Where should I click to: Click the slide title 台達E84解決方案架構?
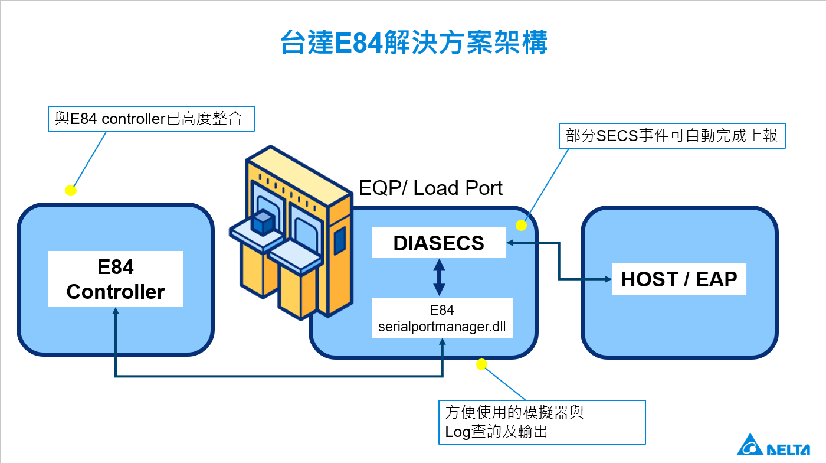coord(414,43)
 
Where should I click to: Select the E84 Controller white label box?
coord(116,279)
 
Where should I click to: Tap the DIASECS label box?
coord(439,243)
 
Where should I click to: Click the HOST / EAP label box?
coord(679,279)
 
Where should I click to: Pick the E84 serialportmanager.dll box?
coord(442,318)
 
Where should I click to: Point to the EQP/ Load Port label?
coord(431,188)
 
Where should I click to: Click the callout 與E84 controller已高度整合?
coord(151,119)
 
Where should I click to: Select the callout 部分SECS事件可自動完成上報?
coord(672,136)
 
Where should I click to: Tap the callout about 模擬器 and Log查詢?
coord(542,422)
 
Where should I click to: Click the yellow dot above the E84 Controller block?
coord(70,190)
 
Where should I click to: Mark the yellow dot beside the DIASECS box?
coord(522,225)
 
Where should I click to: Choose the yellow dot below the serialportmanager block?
coord(481,364)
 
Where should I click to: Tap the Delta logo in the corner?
coord(773,445)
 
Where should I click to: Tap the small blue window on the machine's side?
coord(339,240)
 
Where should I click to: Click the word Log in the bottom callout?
coord(457,432)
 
